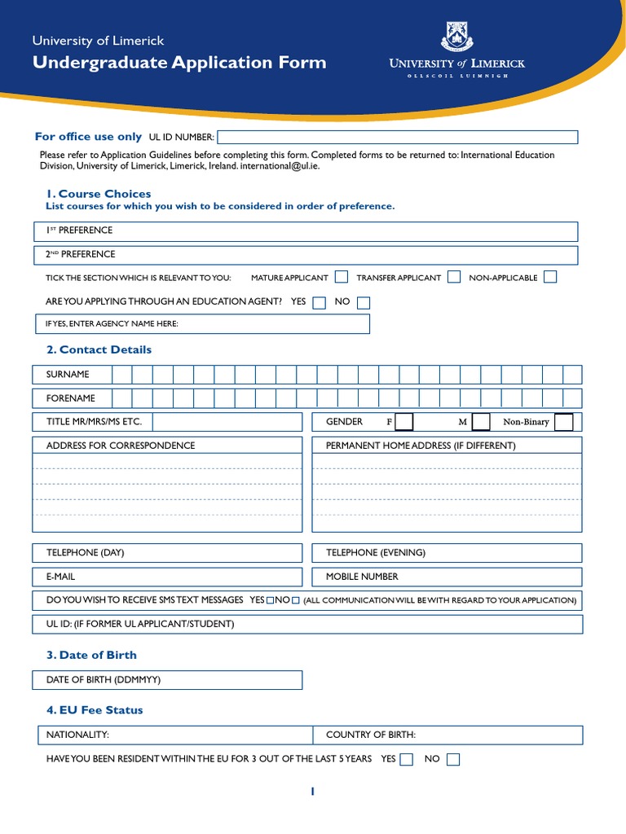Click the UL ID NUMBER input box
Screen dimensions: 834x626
coord(397,137)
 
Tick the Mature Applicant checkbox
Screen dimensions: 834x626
coord(342,277)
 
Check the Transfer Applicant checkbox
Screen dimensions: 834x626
coord(454,277)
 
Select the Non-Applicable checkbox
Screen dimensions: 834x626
coord(550,277)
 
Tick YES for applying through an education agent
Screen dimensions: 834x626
coord(320,302)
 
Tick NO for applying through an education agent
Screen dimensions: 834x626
coord(364,302)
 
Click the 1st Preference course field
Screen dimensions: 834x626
coord(342,231)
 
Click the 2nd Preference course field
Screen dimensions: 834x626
coord(342,255)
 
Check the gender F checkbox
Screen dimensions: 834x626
coord(404,422)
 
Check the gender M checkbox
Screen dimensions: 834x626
coord(481,422)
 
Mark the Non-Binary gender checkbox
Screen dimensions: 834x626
coord(563,422)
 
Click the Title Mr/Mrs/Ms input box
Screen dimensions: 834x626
coord(227,422)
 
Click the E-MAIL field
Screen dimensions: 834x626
coord(187,577)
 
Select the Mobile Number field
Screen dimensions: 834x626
coord(489,577)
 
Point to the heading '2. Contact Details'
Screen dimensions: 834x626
coord(99,349)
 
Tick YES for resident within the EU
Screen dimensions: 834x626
coord(407,760)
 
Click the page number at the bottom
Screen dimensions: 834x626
coord(312,791)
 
